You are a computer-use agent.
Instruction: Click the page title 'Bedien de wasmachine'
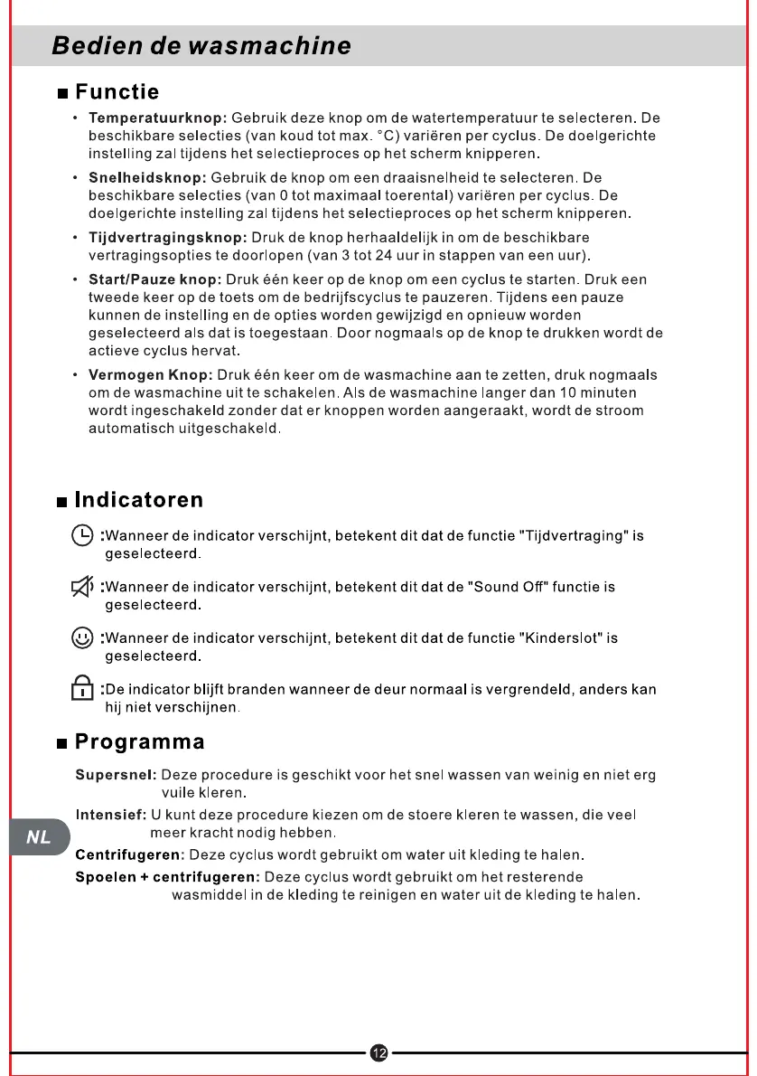point(201,45)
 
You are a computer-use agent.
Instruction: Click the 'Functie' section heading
point(117,92)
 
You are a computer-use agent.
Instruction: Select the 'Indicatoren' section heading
point(138,500)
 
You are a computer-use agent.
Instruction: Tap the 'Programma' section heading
point(139,742)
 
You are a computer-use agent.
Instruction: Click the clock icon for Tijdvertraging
point(82,535)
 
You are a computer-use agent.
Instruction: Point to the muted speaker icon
point(82,588)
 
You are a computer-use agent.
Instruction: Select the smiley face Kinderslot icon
point(82,638)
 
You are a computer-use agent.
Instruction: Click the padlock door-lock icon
point(82,689)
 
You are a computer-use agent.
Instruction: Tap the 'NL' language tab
point(38,837)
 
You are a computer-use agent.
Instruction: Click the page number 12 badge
point(378,1052)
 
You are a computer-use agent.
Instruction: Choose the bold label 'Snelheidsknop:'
point(147,178)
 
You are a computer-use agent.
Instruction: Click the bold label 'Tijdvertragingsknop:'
point(167,238)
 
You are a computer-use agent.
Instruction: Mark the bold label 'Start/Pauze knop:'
point(154,279)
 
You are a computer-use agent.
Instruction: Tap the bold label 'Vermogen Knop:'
point(150,375)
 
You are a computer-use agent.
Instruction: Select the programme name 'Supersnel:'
point(116,776)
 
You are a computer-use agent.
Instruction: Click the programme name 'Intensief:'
point(111,816)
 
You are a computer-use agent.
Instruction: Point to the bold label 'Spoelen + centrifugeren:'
point(167,877)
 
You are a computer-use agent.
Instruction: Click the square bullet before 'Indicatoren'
point(61,502)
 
